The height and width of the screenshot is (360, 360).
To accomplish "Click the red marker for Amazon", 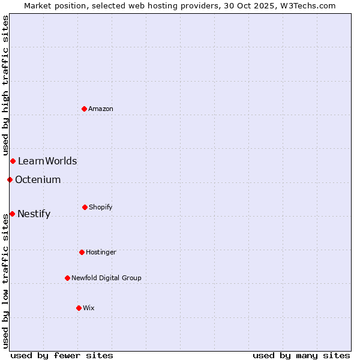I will coord(85,109).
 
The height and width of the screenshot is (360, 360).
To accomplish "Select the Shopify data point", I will coord(85,207).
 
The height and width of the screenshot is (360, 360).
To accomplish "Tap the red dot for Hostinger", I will coord(82,252).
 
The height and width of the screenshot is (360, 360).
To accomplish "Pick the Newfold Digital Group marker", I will coord(67,278).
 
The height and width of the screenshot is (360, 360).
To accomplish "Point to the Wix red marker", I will coord(79,308).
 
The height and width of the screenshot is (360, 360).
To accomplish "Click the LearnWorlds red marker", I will coord(13,161).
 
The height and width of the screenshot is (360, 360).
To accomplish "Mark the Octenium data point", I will coord(10,179).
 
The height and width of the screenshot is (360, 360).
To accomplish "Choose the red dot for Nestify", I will coord(12,214).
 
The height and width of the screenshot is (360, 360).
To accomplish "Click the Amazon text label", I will coord(101,109).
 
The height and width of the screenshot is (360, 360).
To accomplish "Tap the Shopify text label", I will coord(101,207).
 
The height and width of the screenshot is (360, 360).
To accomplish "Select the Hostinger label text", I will coord(101,252).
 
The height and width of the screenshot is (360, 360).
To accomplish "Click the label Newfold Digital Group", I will coord(106,278).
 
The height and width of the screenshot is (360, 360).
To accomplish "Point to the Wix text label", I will coord(89,308).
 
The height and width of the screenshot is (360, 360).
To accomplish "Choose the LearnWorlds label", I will coord(47,161).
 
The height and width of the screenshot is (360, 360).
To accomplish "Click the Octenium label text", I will coord(38,179).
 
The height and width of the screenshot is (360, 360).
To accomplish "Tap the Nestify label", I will coord(34,214).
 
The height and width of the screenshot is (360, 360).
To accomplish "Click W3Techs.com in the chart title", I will coord(305,5).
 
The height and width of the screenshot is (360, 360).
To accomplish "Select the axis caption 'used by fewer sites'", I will coord(62,355).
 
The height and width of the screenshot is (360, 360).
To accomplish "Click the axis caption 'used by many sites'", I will coord(301,355).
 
